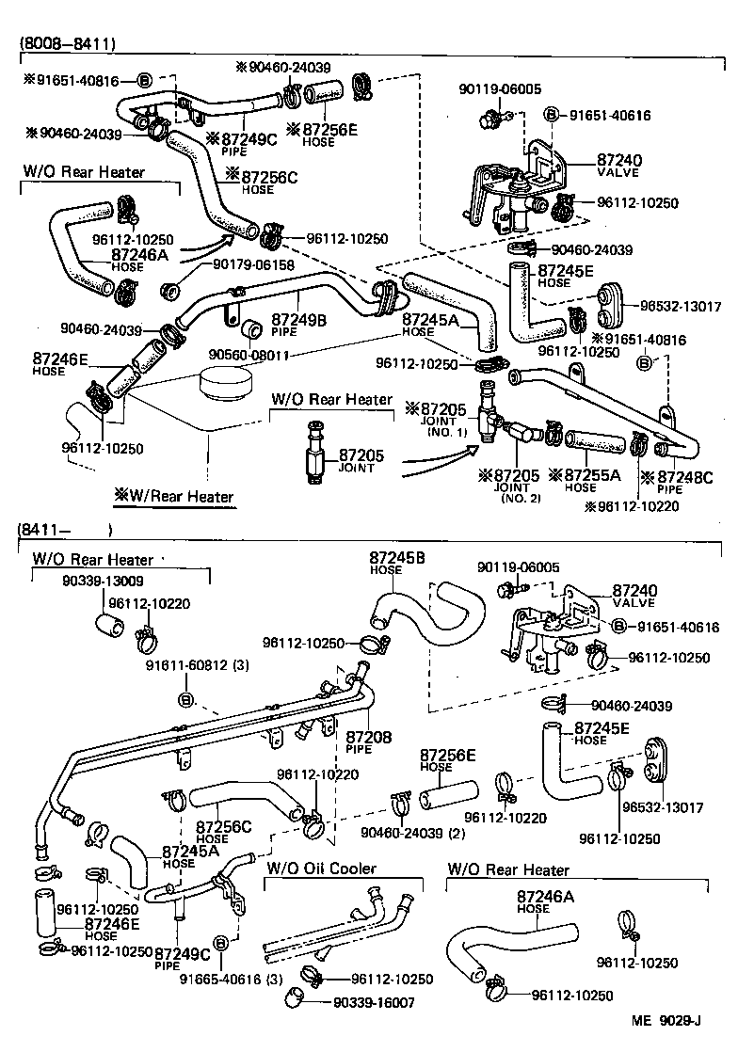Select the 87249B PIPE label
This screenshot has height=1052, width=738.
tap(299, 325)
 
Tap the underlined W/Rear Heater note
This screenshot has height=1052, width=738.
tap(173, 495)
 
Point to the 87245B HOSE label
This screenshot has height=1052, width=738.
tap(396, 563)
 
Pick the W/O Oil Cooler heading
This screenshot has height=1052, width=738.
tap(322, 869)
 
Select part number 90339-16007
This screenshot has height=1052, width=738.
tap(374, 1003)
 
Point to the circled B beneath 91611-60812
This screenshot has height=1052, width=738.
tap(186, 699)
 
